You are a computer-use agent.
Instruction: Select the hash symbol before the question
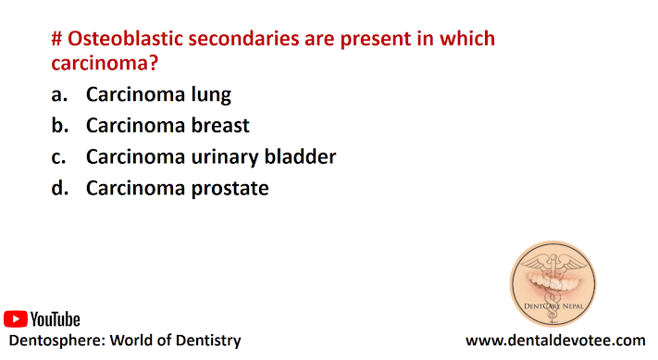pyautogui.click(x=57, y=39)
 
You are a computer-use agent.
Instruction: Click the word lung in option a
pyautogui.click(x=211, y=94)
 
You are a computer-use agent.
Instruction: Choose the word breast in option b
pyautogui.click(x=220, y=126)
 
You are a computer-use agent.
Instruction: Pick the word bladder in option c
pyautogui.click(x=300, y=156)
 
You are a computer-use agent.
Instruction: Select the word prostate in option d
pyautogui.click(x=230, y=189)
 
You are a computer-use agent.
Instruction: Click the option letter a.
pyautogui.click(x=59, y=94)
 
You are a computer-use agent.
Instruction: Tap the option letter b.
pyautogui.click(x=59, y=126)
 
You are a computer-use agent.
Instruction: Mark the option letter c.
pyautogui.click(x=58, y=157)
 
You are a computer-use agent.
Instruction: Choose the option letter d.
pyautogui.click(x=59, y=188)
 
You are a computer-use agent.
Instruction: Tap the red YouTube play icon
pyautogui.click(x=16, y=319)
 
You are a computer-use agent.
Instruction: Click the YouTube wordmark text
pyautogui.click(x=55, y=319)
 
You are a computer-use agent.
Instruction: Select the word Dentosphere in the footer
pyautogui.click(x=57, y=341)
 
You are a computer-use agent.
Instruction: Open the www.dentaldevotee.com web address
pyautogui.click(x=555, y=341)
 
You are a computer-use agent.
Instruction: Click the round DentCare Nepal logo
pyautogui.click(x=553, y=284)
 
